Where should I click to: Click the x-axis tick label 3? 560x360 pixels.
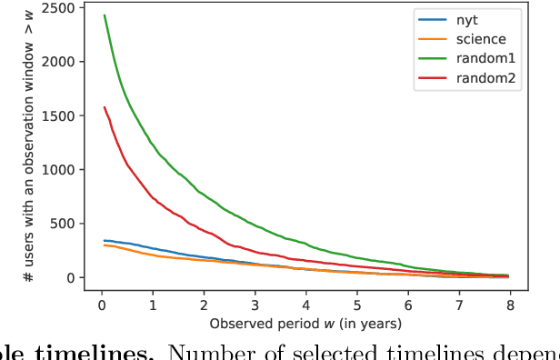pyautogui.click(x=255, y=305)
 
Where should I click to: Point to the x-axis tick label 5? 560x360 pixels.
pyautogui.click(x=357, y=305)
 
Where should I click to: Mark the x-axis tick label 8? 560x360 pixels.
pyautogui.click(x=510, y=305)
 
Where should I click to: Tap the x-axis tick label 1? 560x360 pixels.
pyautogui.click(x=154, y=305)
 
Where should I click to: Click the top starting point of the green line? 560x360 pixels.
pyautogui.click(x=105, y=15)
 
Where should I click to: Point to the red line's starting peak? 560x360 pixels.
pyautogui.click(x=105, y=107)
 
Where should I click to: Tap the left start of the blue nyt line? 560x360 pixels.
pyautogui.click(x=105, y=241)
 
